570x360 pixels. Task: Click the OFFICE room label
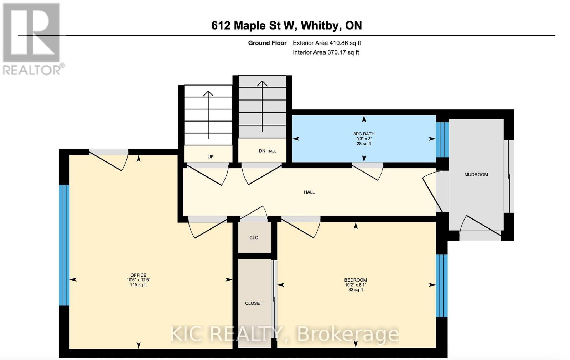point(138,275)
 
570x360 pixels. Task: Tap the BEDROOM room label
point(355,280)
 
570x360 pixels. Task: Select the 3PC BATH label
point(364,134)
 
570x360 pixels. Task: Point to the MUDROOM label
point(476,175)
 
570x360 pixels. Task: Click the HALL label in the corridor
point(309,192)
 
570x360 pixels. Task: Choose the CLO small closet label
point(254,238)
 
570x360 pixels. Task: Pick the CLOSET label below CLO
point(254,303)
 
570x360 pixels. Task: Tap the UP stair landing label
point(211,157)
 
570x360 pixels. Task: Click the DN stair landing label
point(262,151)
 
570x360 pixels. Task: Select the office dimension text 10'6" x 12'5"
point(138,280)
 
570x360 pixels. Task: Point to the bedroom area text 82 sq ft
point(355,290)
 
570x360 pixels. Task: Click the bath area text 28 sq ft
point(364,144)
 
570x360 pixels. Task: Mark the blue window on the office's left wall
point(64,245)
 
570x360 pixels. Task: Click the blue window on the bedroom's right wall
point(442,286)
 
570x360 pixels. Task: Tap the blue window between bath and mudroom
point(442,140)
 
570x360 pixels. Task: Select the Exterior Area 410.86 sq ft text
point(327,43)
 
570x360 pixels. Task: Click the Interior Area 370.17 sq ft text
point(326,52)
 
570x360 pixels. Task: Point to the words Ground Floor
point(267,43)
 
